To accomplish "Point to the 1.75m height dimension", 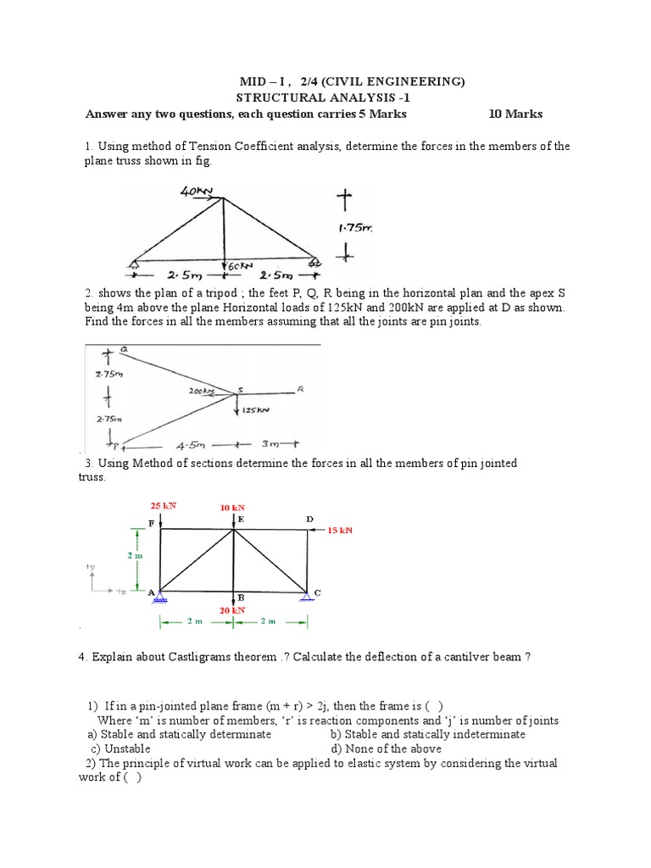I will point(354,227).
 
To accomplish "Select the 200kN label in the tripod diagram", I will point(201,392).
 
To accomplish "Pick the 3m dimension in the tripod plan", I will point(271,443).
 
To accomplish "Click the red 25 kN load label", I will point(164,505).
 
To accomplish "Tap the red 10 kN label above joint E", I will point(231,507).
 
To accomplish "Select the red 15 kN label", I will point(339,530).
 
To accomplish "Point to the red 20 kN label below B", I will point(231,609).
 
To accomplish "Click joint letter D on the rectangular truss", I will point(309,518).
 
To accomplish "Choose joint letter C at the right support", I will point(317,592).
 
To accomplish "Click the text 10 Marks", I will point(515,114).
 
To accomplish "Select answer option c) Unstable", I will point(120,748).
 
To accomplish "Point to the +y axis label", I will point(90,565).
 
